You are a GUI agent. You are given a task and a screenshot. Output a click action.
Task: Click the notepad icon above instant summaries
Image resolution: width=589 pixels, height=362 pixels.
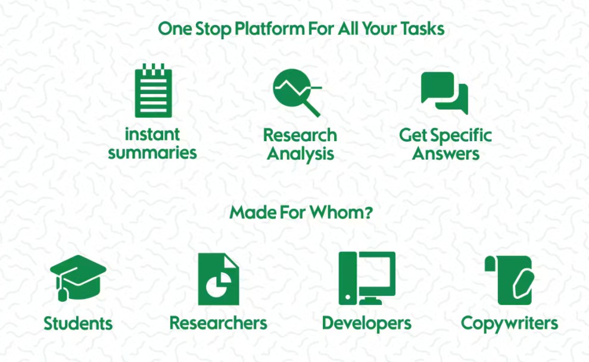coord(153,91)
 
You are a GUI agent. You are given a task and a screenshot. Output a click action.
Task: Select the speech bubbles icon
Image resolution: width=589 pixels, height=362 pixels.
coord(444,93)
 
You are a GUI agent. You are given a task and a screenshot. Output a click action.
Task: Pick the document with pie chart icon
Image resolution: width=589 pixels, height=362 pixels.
coord(218,279)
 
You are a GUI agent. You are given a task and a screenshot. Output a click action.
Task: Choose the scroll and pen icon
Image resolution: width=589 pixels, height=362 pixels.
coord(509,280)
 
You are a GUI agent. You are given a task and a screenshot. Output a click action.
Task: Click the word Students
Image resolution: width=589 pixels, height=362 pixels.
coord(78,324)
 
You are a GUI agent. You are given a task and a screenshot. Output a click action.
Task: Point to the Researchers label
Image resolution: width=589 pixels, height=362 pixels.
coord(218,323)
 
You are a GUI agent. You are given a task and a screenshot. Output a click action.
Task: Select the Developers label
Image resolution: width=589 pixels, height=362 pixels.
coord(366,323)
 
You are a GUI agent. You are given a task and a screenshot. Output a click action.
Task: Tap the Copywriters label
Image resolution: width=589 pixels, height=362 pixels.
coord(509,323)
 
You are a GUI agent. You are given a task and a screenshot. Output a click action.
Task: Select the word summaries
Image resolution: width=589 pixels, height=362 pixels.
coord(152,152)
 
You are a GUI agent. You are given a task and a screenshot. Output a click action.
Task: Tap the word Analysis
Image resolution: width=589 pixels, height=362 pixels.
coord(300,153)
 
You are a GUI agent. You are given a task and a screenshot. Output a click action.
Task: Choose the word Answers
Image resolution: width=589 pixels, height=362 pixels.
coord(446,153)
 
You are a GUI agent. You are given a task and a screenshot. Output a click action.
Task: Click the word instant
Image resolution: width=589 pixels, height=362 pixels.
coord(152,134)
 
